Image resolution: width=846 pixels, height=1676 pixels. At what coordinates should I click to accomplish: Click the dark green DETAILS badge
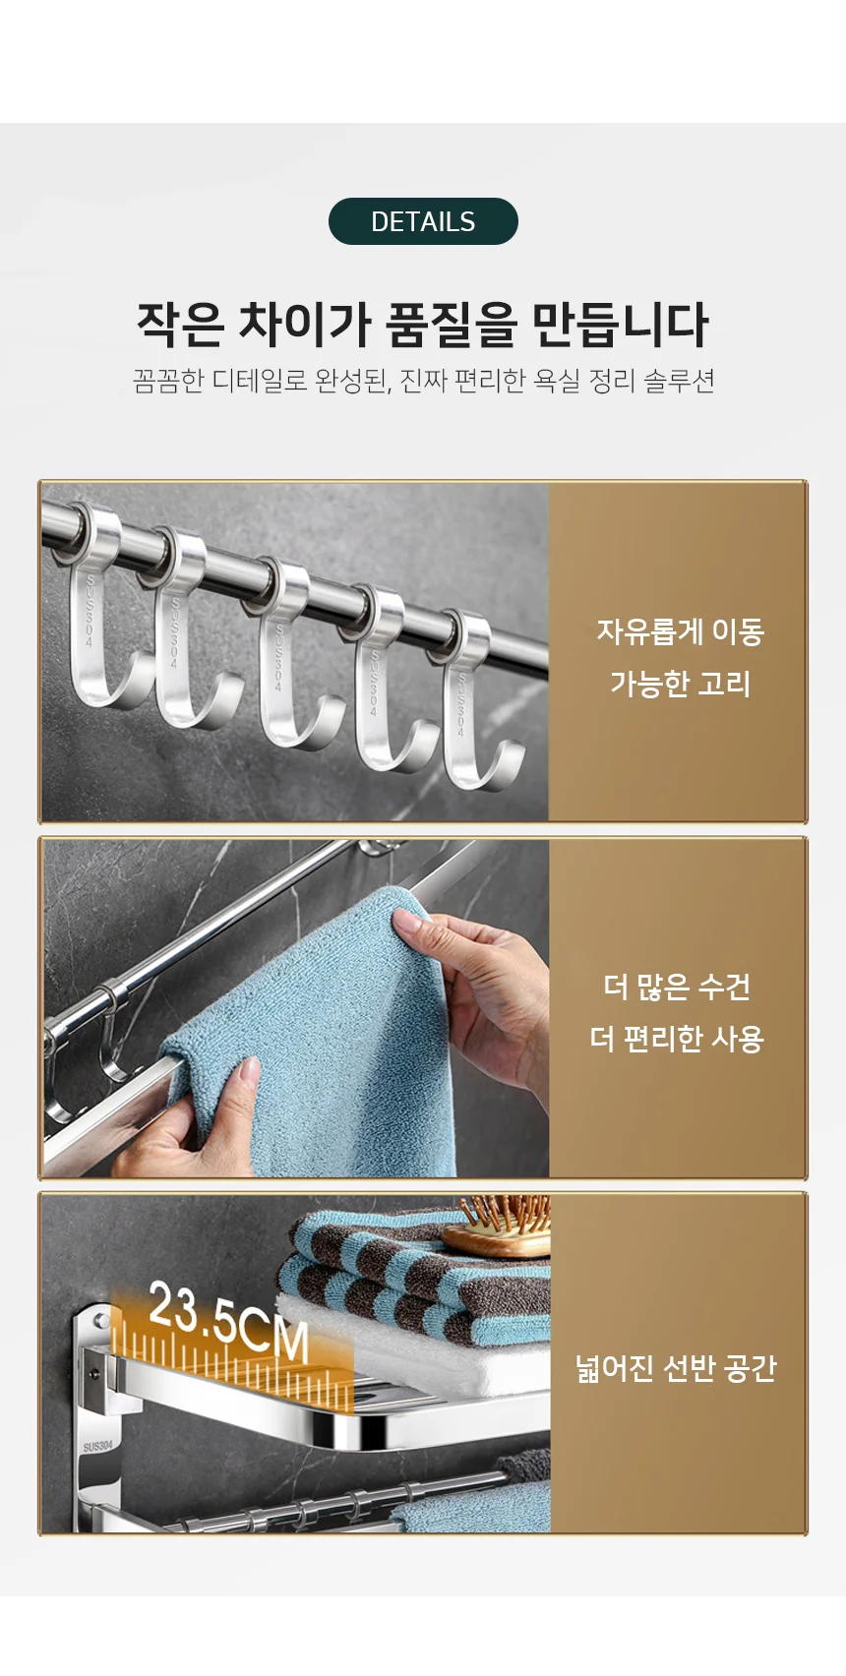[423, 221]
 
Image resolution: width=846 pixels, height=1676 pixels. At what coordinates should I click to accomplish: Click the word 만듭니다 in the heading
[620, 325]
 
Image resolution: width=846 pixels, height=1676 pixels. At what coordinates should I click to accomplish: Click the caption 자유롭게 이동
[680, 631]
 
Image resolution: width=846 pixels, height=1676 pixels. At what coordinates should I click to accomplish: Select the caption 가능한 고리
[680, 684]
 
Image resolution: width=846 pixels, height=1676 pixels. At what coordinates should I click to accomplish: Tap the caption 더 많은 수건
[677, 987]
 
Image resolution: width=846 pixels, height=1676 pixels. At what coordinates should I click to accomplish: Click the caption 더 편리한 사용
[677, 1039]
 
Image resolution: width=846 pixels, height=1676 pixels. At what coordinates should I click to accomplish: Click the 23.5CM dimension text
[228, 1322]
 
